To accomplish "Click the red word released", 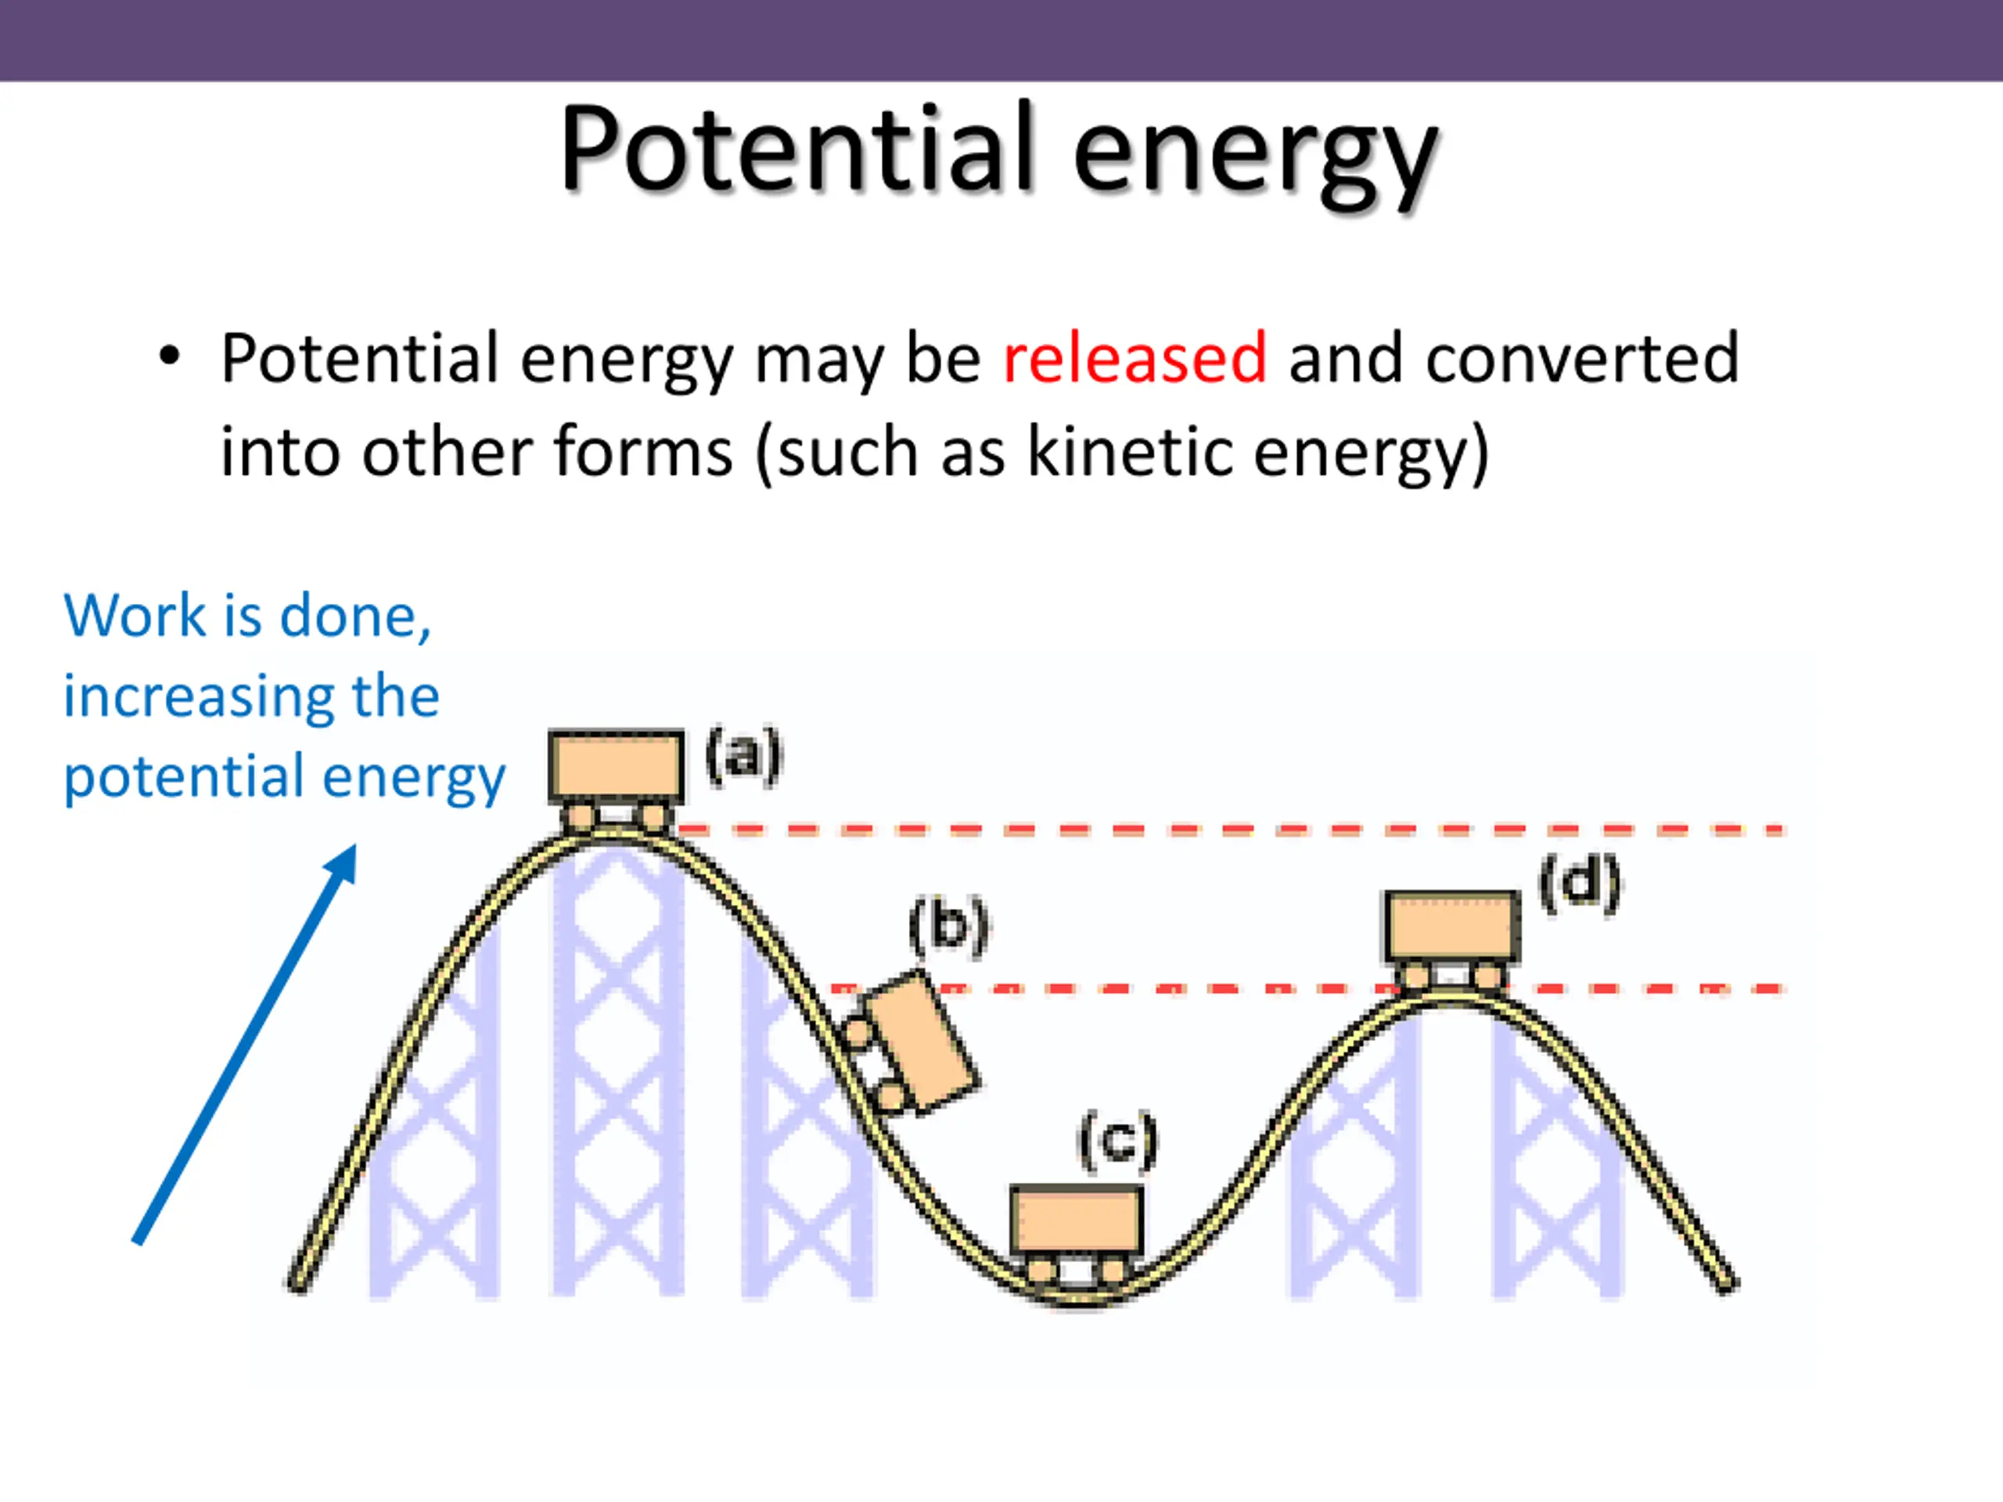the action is [x=1134, y=358].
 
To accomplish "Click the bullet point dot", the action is [x=169, y=356].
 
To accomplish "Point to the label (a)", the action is [x=743, y=755].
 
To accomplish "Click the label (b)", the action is [x=948, y=926].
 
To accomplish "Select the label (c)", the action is [x=1117, y=1141].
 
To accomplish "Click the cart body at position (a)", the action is [x=616, y=765].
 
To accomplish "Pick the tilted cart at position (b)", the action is [x=919, y=1041].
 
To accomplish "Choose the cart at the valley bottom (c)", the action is [x=1076, y=1220].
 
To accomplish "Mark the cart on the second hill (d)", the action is [x=1451, y=925].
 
